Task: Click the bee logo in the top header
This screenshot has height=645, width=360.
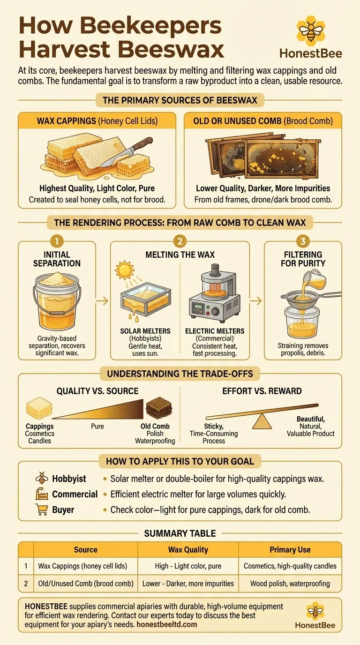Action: (311, 31)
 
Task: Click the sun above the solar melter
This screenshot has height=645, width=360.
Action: (125, 270)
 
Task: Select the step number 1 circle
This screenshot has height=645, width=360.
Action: (57, 241)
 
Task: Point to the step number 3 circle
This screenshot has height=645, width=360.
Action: (303, 241)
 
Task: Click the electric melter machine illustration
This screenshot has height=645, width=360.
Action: (215, 293)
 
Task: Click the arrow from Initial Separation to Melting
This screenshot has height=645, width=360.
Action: (102, 301)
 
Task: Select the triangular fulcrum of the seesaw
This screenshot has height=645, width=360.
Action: (262, 421)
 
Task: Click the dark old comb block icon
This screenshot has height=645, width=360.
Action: (159, 408)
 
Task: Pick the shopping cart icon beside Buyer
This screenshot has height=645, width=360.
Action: (42, 510)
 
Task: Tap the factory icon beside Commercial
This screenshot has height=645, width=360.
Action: (42, 494)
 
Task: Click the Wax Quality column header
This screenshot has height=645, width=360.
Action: (188, 550)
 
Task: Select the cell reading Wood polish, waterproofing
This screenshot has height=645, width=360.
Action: (290, 584)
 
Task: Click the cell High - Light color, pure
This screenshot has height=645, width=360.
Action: (188, 566)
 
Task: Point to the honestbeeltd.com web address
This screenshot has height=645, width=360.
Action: (167, 624)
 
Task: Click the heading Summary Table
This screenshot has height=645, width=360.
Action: (180, 533)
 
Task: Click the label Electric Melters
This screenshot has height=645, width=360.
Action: (215, 331)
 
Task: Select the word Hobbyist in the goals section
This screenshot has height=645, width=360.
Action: (69, 479)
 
